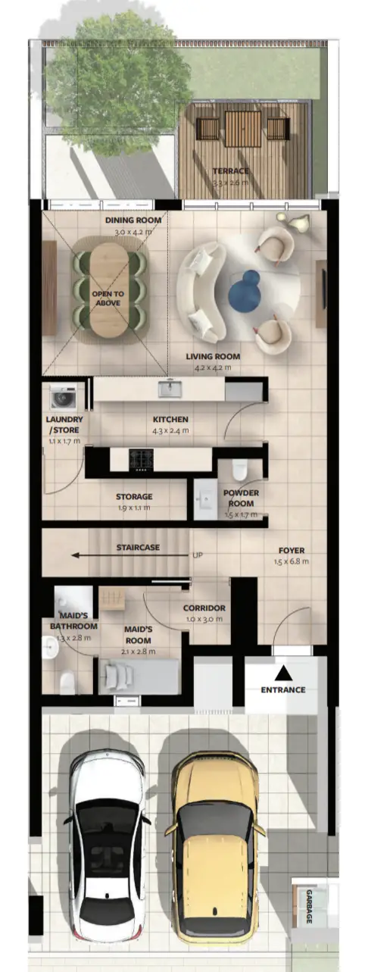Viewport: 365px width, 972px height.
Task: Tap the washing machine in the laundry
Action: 64,397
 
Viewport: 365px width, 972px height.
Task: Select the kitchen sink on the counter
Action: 170,388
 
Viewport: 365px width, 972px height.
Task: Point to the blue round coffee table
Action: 245,290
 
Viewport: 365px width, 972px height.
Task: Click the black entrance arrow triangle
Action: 283,673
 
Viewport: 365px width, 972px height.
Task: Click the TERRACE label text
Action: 231,171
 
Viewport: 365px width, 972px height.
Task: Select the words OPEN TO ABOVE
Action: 108,298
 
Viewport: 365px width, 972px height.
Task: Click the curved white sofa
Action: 202,292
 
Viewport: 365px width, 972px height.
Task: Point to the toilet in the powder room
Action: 240,470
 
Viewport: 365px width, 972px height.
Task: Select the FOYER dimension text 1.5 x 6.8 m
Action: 292,561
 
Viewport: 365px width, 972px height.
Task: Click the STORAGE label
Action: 134,496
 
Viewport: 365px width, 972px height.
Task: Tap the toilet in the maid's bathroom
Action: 67,683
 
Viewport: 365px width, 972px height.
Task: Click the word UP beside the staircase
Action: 198,555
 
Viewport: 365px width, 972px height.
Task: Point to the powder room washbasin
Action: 205,499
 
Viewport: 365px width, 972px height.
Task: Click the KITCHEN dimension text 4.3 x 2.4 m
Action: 170,431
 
